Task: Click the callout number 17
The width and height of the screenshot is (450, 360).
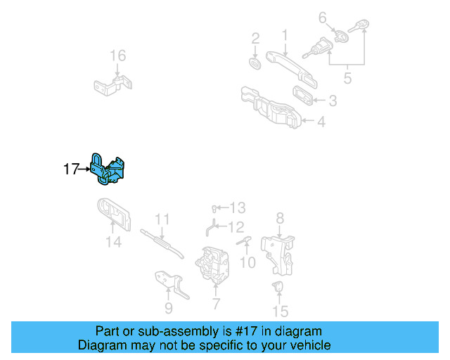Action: [70, 169]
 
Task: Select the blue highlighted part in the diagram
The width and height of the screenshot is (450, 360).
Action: [108, 171]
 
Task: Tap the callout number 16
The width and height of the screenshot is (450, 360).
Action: [117, 56]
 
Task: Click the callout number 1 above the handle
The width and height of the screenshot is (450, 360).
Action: [285, 34]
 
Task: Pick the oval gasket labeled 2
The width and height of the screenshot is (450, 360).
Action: [256, 63]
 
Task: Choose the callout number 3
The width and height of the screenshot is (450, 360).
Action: [332, 101]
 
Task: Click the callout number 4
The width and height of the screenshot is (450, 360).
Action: [321, 122]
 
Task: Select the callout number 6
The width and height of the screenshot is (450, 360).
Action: [323, 17]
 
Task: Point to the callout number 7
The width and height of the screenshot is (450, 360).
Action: [216, 304]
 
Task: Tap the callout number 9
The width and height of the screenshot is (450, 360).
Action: [168, 307]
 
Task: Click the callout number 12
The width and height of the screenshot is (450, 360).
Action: [236, 227]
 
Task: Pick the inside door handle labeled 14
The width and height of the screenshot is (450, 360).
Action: [112, 215]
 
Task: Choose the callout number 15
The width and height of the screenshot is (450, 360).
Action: [281, 310]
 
